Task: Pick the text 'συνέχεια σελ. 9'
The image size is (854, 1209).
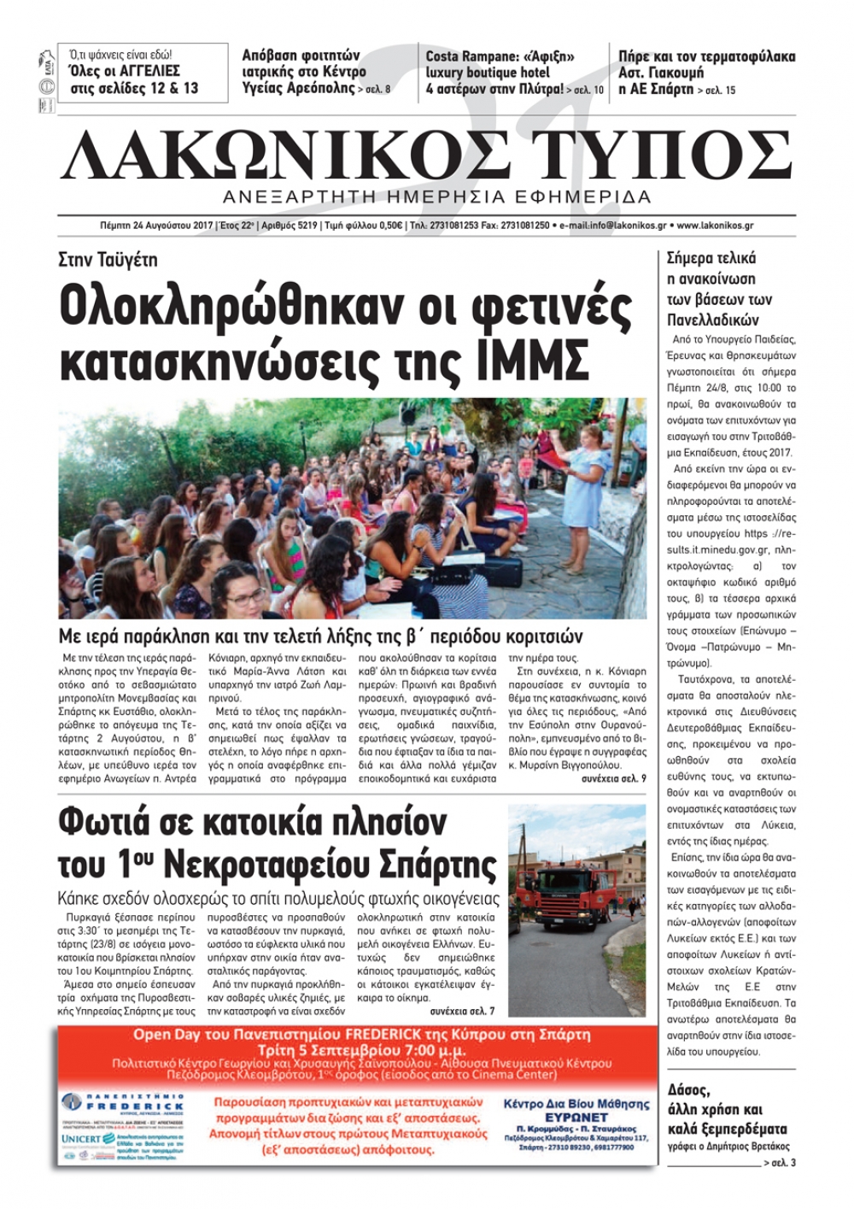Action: point(613,779)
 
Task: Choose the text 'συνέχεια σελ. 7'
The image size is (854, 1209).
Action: point(462,1011)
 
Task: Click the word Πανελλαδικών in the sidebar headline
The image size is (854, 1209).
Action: point(713,320)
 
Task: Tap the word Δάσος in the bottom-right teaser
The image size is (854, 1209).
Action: point(688,1091)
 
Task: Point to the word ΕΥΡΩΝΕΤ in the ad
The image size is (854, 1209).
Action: point(576,1118)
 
